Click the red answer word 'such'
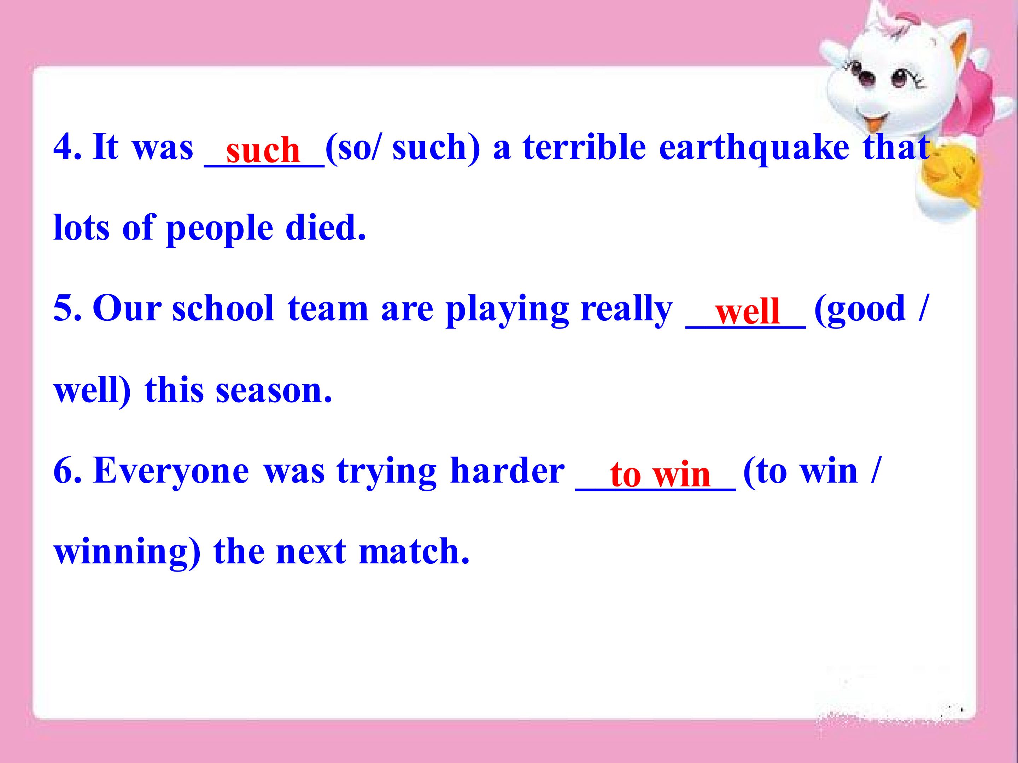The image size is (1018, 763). (x=263, y=150)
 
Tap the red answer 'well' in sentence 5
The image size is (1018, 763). (x=747, y=311)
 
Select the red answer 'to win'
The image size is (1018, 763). (x=660, y=474)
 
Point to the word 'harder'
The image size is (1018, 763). (x=507, y=471)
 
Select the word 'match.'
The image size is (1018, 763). (x=414, y=551)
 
